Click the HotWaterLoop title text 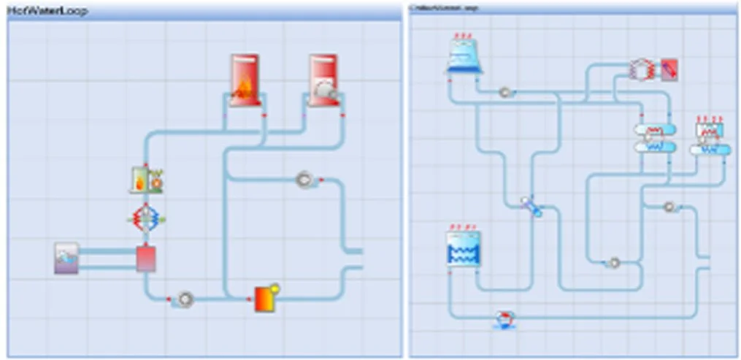click(x=47, y=12)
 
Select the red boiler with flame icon click(x=245, y=80)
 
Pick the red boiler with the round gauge click(x=323, y=80)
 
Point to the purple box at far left click(x=66, y=258)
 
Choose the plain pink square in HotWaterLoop click(x=146, y=258)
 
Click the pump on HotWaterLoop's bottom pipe click(x=185, y=299)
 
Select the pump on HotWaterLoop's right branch click(x=304, y=179)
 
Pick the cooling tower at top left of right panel click(x=464, y=55)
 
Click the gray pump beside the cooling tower click(x=504, y=93)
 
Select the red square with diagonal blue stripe click(x=669, y=69)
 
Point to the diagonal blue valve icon click(x=531, y=206)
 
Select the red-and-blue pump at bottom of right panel click(x=504, y=319)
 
